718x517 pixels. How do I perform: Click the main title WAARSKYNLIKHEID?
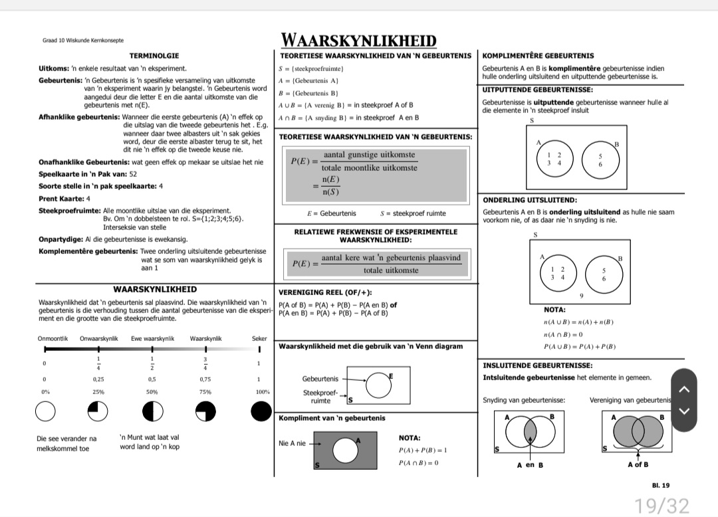[x=358, y=40]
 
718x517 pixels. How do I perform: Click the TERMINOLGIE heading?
[x=154, y=56]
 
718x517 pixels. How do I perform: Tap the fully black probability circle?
[x=261, y=413]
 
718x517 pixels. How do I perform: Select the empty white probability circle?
[x=45, y=413]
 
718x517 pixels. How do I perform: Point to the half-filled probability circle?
[x=152, y=413]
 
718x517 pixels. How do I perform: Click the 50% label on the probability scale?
[x=152, y=392]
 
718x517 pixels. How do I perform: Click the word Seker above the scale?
[x=259, y=338]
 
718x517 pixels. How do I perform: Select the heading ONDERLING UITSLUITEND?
[x=530, y=200]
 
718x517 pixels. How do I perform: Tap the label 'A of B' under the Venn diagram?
[x=638, y=465]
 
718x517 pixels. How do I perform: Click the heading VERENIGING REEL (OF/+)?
[x=325, y=292]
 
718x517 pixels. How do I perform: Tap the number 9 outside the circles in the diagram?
[x=581, y=296]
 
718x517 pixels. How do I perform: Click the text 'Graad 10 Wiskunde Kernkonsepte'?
[x=83, y=41]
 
